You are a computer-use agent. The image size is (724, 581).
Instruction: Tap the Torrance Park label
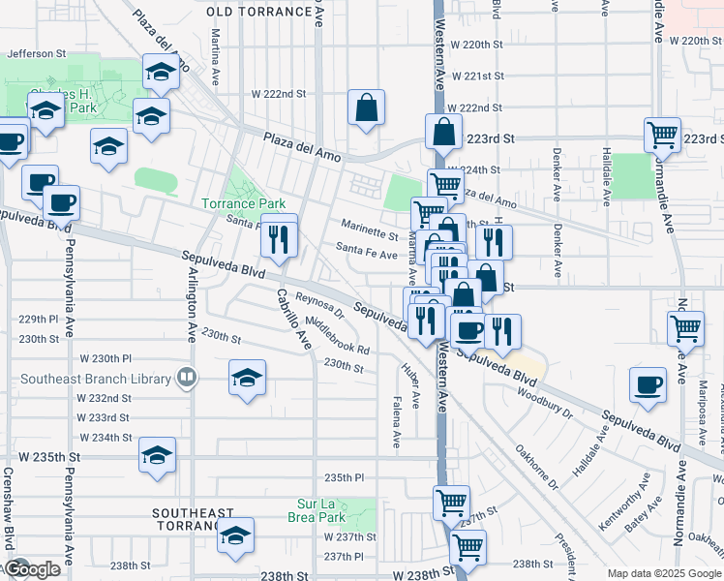pyautogui.click(x=243, y=203)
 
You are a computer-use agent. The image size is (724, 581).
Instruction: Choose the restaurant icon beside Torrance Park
pyautogui.click(x=279, y=238)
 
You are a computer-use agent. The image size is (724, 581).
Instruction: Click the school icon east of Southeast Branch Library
pyautogui.click(x=248, y=378)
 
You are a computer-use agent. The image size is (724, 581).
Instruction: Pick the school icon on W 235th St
pyautogui.click(x=157, y=455)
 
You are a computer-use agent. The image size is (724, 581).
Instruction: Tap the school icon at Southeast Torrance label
pyautogui.click(x=235, y=535)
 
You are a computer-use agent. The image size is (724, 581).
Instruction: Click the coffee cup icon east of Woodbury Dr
pyautogui.click(x=647, y=384)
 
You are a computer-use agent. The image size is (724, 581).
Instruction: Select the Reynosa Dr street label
pyautogui.click(x=319, y=306)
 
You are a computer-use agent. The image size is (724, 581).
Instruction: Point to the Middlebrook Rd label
pyautogui.click(x=337, y=335)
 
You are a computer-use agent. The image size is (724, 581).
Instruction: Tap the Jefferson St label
pyautogui.click(x=36, y=54)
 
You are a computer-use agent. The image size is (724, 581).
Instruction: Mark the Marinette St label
pyautogui.click(x=367, y=234)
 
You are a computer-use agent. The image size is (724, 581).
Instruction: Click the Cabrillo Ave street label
pyautogui.click(x=293, y=319)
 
